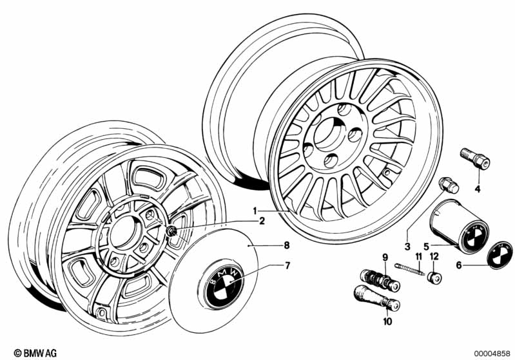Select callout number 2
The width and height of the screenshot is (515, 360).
[x=262, y=222]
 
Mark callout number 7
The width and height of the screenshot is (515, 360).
[x=269, y=265]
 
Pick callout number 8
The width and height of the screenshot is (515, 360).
[x=269, y=245]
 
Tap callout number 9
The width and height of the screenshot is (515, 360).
[x=385, y=258]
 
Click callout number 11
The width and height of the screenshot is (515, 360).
[x=418, y=258]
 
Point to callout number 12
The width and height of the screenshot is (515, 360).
[x=433, y=258]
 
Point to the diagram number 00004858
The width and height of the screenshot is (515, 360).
[x=491, y=353]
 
